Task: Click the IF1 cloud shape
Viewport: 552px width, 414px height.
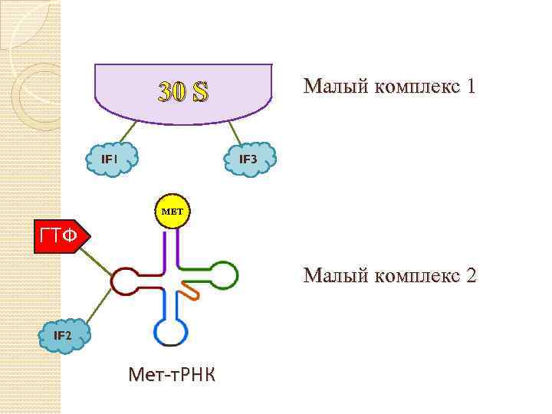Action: pos(110,159)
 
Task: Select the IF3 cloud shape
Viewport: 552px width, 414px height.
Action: pos(250,159)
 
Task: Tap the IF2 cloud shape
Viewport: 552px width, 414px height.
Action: pos(64,336)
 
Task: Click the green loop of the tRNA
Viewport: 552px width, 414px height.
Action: pos(223,274)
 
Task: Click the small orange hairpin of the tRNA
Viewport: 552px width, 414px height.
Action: pos(189,291)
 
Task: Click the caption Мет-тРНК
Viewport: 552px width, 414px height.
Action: pos(172,375)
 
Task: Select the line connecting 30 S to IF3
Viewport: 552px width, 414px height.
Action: pos(238,132)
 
